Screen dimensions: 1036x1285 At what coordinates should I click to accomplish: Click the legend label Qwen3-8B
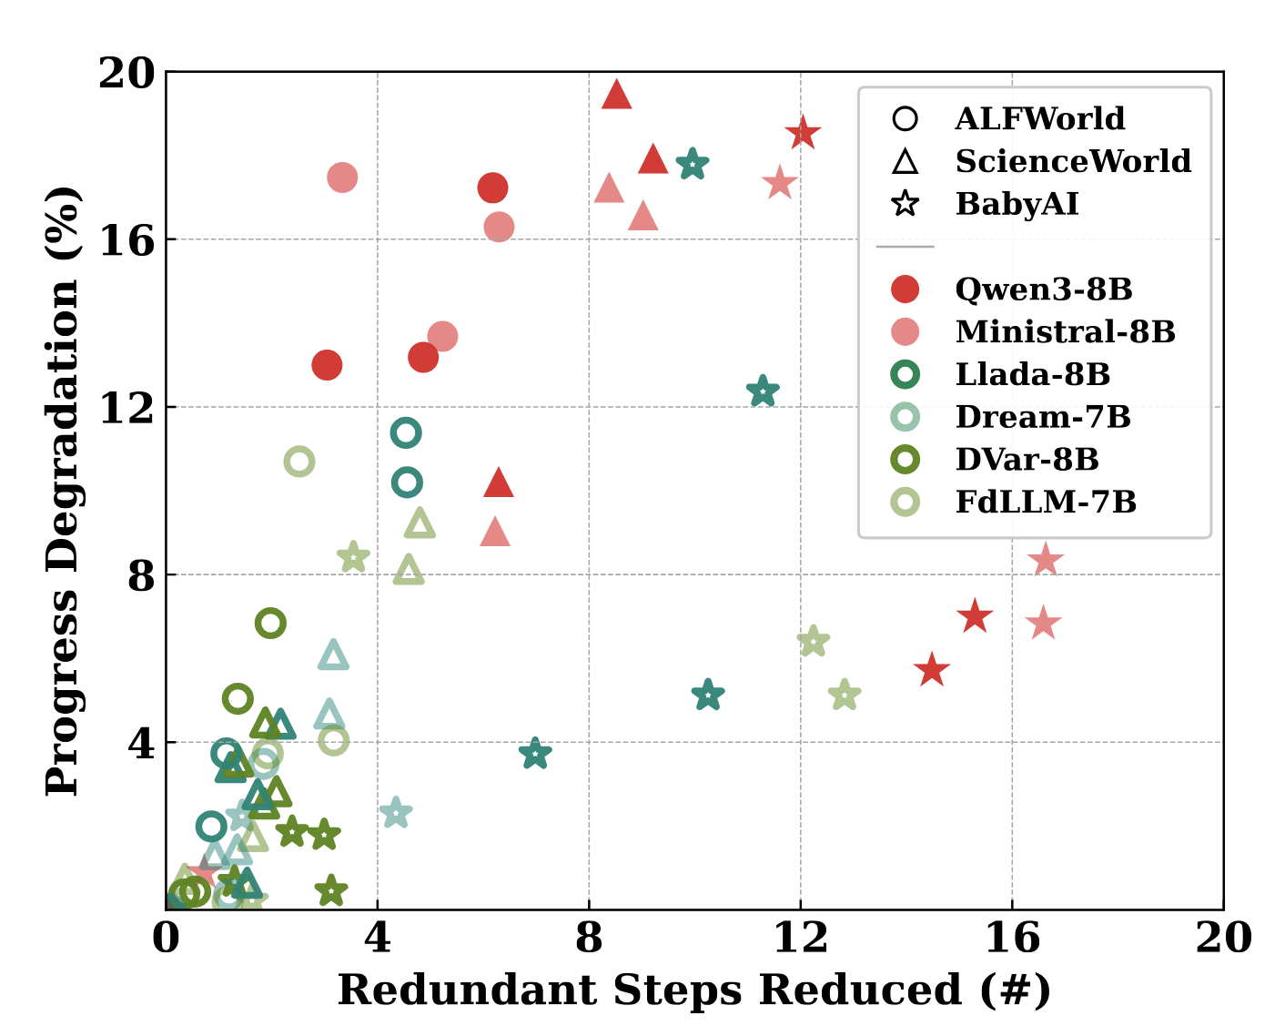pos(1043,289)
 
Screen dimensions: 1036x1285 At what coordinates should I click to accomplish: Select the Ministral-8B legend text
pos(1065,332)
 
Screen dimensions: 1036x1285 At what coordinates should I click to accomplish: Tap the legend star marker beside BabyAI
pos(906,204)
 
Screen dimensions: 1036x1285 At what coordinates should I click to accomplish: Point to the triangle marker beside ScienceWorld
pos(906,162)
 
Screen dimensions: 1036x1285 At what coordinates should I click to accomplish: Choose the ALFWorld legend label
pos(1039,119)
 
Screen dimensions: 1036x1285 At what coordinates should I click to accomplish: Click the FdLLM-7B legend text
pos(1046,503)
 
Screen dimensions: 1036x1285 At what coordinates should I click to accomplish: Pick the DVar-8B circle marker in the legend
pos(906,460)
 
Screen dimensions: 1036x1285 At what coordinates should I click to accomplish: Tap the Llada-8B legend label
pos(1032,375)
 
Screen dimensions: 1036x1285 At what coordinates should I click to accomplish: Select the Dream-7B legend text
pos(1043,417)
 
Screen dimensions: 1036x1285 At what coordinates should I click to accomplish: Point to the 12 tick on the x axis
pos(800,939)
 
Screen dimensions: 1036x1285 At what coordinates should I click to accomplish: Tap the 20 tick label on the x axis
pos(1222,939)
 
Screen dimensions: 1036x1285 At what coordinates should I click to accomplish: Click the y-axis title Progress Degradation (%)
pos(64,492)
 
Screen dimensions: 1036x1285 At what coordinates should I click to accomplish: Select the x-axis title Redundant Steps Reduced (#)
pos(693,990)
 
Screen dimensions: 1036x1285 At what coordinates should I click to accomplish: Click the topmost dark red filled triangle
pos(617,95)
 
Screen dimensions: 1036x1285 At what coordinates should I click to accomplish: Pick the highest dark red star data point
pos(803,134)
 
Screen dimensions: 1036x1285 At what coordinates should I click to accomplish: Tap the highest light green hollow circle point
pos(298,462)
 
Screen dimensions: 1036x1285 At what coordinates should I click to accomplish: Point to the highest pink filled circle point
pos(341,178)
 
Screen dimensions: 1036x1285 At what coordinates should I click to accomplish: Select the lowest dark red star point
pos(931,671)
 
